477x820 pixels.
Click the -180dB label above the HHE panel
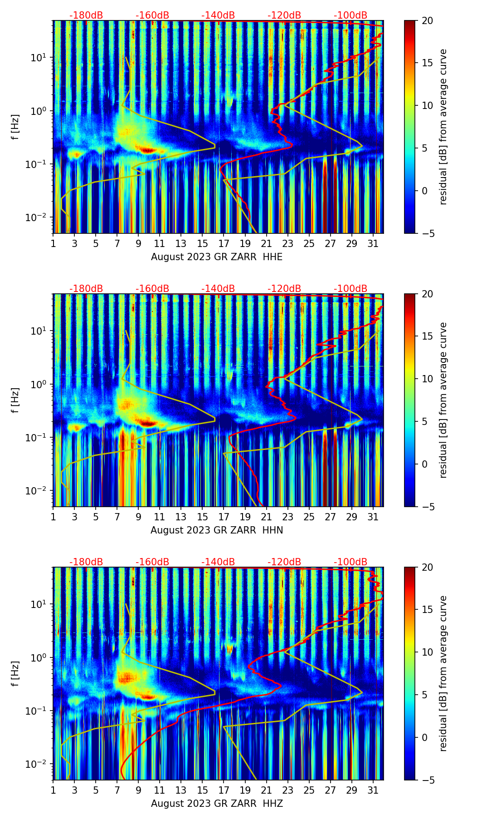pyautogui.click(x=86, y=15)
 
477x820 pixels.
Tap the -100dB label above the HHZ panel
pyautogui.click(x=350, y=562)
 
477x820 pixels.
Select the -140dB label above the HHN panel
pyautogui.click(x=218, y=289)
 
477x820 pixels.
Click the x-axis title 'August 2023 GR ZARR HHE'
pyautogui.click(x=217, y=257)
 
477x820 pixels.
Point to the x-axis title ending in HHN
pyautogui.click(x=217, y=530)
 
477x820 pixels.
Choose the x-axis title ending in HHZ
pyautogui.click(x=217, y=804)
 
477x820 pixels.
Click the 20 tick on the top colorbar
pyautogui.click(x=427, y=21)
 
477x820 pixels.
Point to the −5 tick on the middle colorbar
pyautogui.click(x=427, y=507)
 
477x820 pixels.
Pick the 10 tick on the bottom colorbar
pyautogui.click(x=427, y=652)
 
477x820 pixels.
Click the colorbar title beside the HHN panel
pyautogui.click(x=443, y=400)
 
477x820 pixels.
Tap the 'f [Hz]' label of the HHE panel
pyautogui.click(x=16, y=127)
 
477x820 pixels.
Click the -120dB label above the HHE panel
pyautogui.click(x=284, y=15)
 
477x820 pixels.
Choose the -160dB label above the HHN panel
pyautogui.click(x=152, y=289)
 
